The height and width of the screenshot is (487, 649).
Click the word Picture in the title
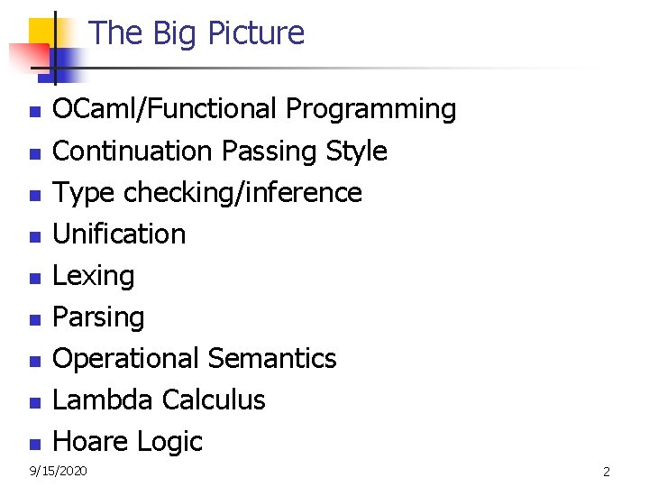tap(256, 33)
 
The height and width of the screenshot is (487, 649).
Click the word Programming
tap(370, 110)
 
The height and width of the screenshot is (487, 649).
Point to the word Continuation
tap(133, 152)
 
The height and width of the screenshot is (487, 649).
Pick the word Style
tap(354, 152)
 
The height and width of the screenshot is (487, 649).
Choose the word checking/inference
tap(242, 193)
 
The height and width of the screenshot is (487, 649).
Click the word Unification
tap(119, 234)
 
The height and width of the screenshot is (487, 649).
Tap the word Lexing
tap(94, 276)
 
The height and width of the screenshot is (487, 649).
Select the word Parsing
tap(98, 317)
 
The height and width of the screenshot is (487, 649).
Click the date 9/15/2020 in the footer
tap(59, 471)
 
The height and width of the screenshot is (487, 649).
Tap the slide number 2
tap(607, 472)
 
